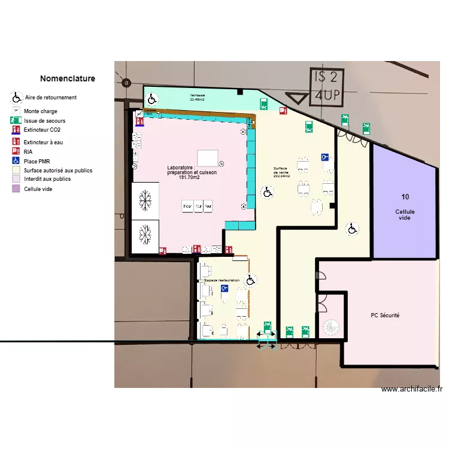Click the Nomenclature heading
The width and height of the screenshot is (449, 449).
click(x=67, y=78)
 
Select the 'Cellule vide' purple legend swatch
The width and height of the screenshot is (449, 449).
click(x=16, y=189)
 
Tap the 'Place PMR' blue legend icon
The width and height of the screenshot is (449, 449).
click(x=16, y=161)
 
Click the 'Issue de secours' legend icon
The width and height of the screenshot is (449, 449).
click(x=16, y=120)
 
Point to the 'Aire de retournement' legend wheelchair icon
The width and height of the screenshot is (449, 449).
click(x=16, y=98)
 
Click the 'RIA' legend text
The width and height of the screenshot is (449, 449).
click(x=29, y=152)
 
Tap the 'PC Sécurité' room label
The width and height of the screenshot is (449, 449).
click(x=385, y=315)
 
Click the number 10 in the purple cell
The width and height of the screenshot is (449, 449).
click(x=405, y=197)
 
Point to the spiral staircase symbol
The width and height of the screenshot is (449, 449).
click(x=330, y=327)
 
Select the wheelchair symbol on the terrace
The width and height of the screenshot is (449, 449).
click(x=153, y=99)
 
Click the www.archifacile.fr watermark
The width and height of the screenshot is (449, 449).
click(x=411, y=389)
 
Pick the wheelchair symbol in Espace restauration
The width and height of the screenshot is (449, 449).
click(x=251, y=280)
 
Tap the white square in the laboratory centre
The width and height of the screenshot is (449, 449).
click(x=208, y=157)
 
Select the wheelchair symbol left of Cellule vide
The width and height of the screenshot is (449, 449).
click(x=353, y=229)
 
